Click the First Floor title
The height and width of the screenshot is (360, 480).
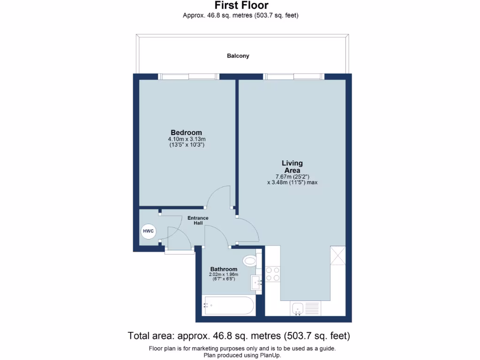(241, 6)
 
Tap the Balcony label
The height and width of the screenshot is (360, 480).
(238, 56)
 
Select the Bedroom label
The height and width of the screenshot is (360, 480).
(186, 133)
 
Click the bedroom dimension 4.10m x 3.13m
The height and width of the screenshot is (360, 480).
(187, 139)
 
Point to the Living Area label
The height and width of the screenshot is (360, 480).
(292, 167)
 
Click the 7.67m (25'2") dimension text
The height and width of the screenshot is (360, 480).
(292, 177)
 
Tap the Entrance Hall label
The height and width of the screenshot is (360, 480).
(198, 221)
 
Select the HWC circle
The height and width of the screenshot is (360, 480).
(148, 232)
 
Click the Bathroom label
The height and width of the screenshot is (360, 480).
(224, 269)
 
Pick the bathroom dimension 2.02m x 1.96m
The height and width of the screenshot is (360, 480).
(224, 275)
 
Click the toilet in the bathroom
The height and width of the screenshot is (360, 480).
(250, 261)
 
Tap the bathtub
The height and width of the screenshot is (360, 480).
(228, 306)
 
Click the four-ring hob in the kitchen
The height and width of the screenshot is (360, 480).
(273, 274)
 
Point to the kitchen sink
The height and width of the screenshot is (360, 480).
(299, 308)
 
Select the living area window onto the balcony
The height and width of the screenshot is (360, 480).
(294, 76)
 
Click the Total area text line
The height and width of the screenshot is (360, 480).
(239, 336)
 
